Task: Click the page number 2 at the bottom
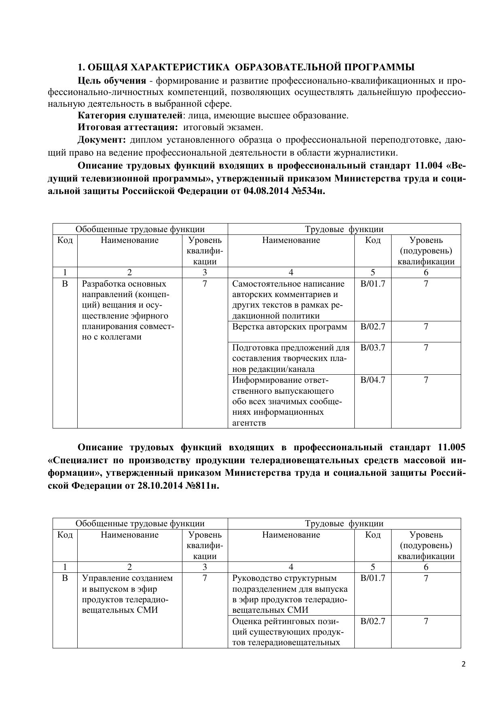464,664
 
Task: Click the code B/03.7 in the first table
373,348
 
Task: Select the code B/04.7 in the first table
373,380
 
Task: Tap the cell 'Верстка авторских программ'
290,327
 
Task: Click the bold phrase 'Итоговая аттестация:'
128,127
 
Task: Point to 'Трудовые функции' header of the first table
344,229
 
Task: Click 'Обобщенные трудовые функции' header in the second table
140,523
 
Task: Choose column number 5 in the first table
373,272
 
